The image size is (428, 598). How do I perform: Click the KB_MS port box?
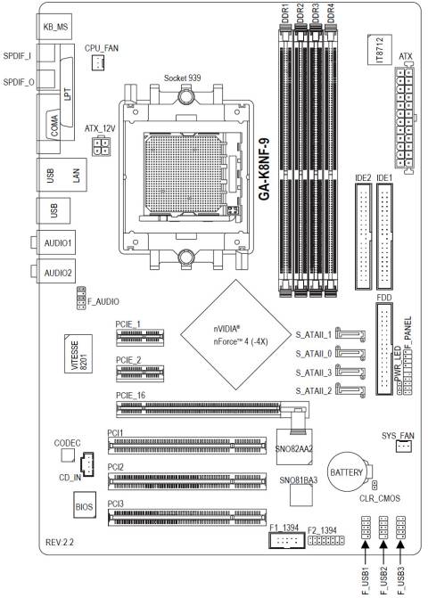tap(56, 27)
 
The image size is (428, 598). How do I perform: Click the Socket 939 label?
tap(183, 78)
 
